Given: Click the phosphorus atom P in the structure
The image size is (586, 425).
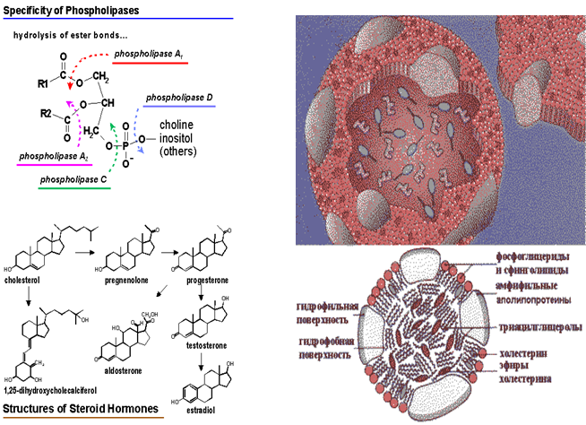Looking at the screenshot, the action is [x=126, y=141].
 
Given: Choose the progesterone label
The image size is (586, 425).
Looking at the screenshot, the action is [x=208, y=280].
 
